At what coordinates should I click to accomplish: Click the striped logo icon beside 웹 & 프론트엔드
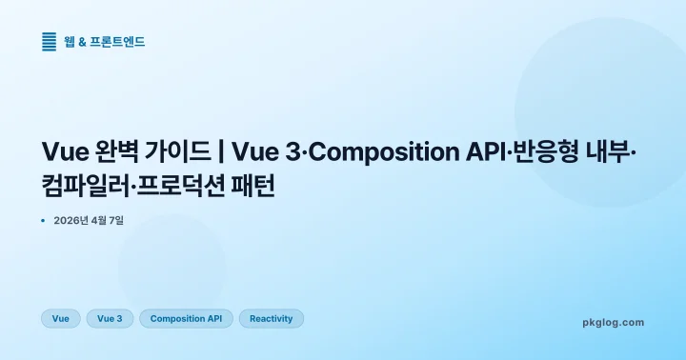click(50, 41)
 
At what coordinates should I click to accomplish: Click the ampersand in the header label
click(82, 42)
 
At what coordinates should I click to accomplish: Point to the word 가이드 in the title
click(181, 151)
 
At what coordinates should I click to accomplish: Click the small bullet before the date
click(44, 221)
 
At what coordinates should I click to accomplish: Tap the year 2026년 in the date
click(73, 221)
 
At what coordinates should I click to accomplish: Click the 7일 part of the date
click(116, 221)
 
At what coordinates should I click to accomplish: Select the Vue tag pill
click(61, 319)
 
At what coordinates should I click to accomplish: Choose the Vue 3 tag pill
click(110, 319)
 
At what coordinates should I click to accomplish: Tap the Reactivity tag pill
click(271, 319)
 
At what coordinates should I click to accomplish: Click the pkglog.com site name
click(613, 322)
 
